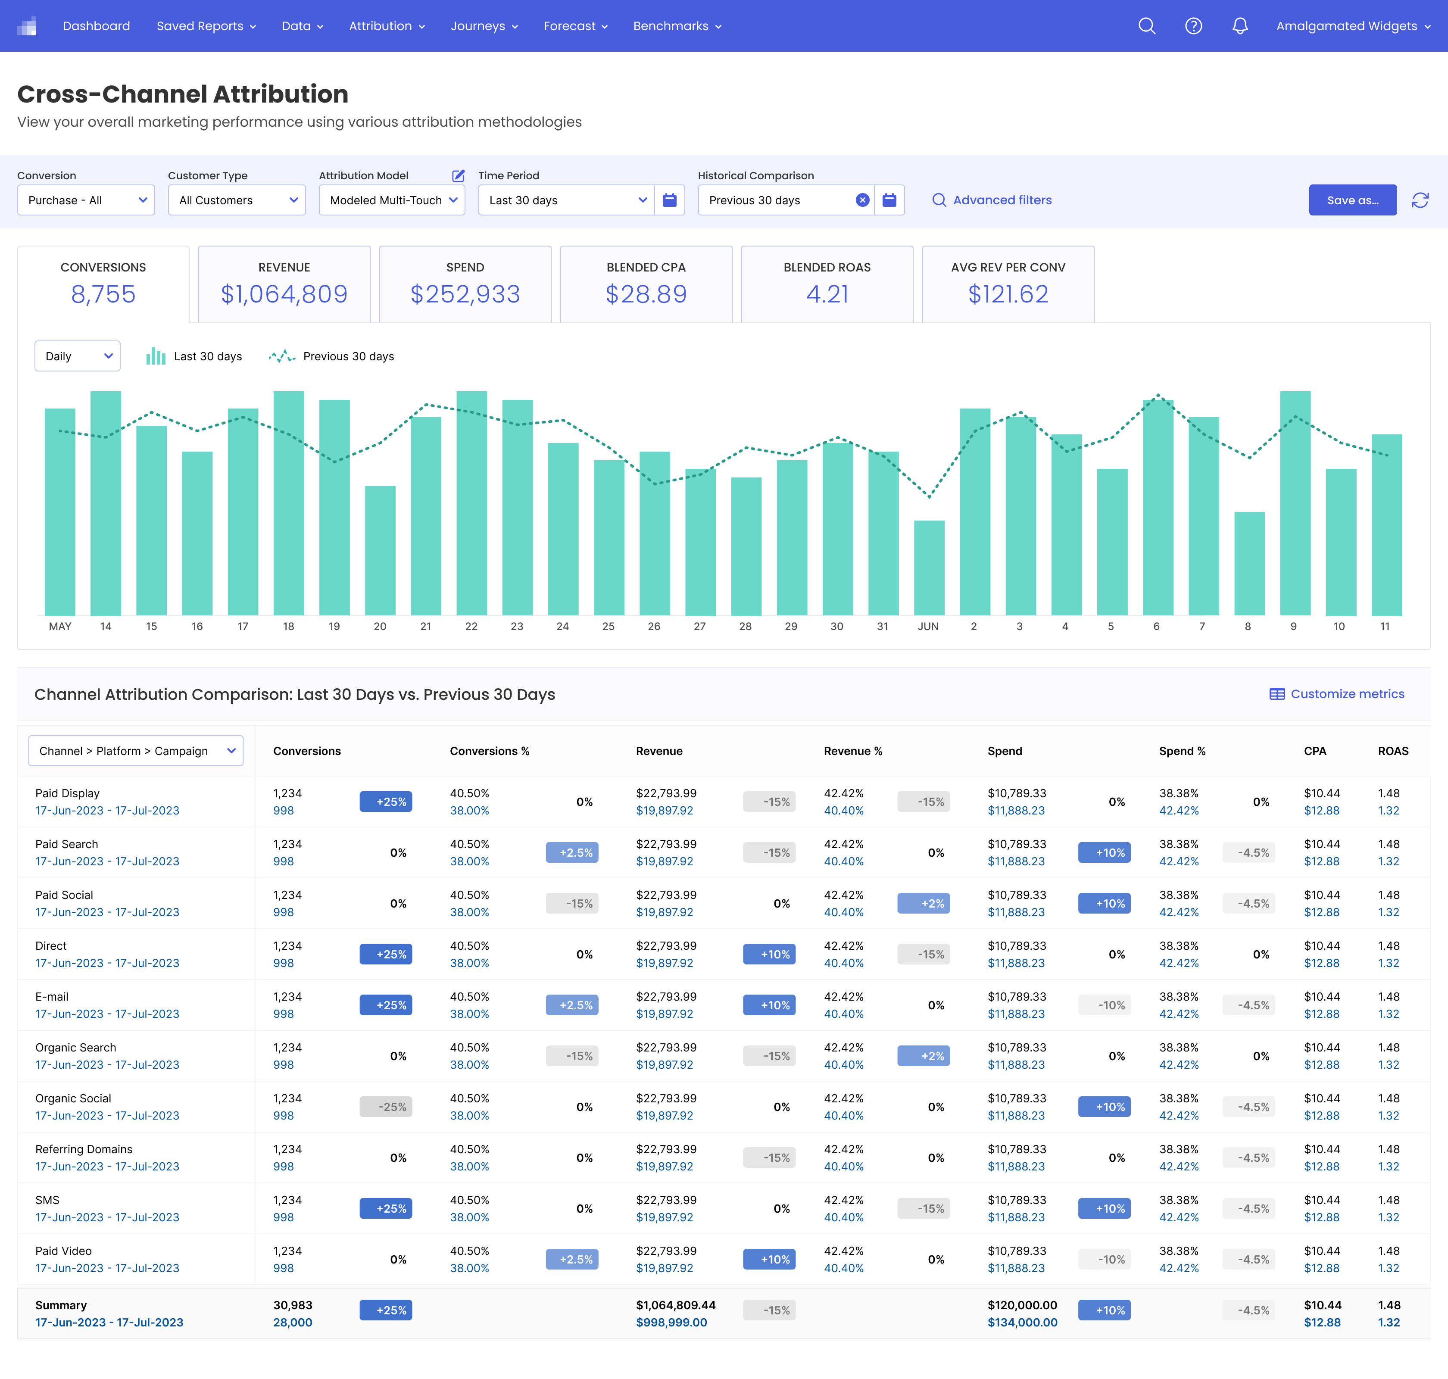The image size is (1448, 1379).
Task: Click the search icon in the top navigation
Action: click(x=1147, y=26)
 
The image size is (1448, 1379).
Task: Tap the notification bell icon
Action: click(x=1240, y=26)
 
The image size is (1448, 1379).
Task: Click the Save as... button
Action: click(x=1352, y=200)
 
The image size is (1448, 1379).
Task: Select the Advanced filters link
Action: click(x=992, y=200)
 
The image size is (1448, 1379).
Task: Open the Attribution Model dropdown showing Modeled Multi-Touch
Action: click(x=392, y=200)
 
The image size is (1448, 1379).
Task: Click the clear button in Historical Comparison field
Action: click(x=862, y=200)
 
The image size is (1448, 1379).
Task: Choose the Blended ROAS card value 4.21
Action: click(x=827, y=294)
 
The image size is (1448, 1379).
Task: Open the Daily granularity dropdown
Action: click(x=77, y=356)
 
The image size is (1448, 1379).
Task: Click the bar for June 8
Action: click(x=1249, y=564)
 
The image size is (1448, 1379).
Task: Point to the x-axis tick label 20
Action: click(x=380, y=626)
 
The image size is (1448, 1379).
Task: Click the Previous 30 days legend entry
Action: click(x=331, y=356)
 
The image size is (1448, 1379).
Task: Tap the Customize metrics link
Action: click(x=1337, y=694)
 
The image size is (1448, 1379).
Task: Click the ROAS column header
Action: click(x=1393, y=751)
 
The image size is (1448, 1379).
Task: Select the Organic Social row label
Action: click(x=73, y=1098)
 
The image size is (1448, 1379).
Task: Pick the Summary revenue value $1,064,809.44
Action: click(x=675, y=1305)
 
